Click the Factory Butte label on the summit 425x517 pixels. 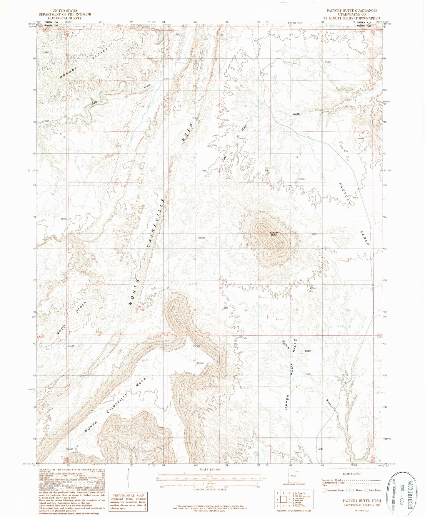click(274, 234)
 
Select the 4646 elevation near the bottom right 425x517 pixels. click(320, 449)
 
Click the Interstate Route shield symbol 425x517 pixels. click(325, 490)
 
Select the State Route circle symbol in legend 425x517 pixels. click(366, 490)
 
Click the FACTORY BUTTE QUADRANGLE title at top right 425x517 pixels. click(352, 10)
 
